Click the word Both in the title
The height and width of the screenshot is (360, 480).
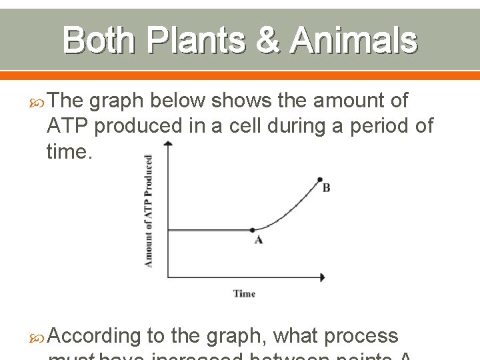coord(97,41)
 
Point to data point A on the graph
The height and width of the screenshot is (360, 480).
coord(253,231)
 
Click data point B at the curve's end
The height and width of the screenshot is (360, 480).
coord(320,179)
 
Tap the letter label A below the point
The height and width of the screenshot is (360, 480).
coord(258,240)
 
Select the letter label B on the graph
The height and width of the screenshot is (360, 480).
coord(326,189)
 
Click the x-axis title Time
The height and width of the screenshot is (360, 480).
coord(244,293)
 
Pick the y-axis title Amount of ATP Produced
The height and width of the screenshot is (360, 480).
coord(148,211)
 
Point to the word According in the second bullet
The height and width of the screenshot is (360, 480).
coord(93,335)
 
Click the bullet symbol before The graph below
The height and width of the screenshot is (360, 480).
coord(38,101)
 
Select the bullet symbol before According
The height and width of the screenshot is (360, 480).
coord(38,336)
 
